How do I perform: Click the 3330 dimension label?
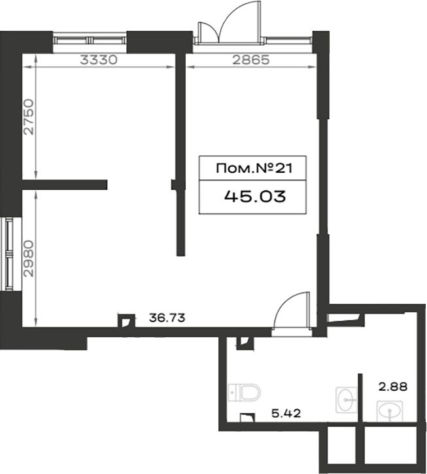pos(99,60)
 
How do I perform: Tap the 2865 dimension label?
pos(250,60)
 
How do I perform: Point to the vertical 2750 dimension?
pos(29,117)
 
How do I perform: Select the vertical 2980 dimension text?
pos(29,259)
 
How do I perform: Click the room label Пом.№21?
pos(254,168)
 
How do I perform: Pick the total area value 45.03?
pos(255,197)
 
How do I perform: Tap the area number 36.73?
pos(167,318)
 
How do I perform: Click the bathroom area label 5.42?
pos(286,413)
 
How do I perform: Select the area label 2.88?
pos(393,387)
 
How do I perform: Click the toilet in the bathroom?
pos(245,392)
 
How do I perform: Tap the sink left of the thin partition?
pos(347,399)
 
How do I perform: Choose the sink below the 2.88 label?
pos(390,411)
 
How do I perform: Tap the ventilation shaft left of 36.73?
pos(126,321)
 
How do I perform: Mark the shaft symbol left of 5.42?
pos(247,418)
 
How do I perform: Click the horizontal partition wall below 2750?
pos(65,185)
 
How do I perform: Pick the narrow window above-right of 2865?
pos(288,39)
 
